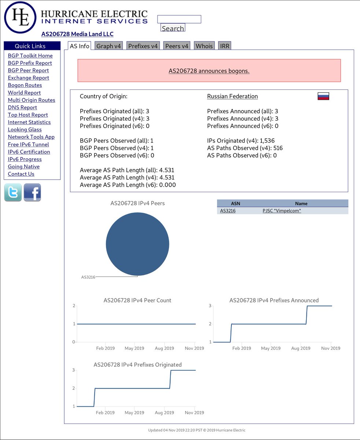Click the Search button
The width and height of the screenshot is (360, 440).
[x=173, y=27]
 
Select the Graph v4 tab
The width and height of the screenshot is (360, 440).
[x=109, y=46]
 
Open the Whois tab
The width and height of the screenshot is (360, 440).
[x=204, y=46]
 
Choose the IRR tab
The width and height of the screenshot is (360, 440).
[x=224, y=46]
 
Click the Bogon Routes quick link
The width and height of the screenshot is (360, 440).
[x=25, y=85]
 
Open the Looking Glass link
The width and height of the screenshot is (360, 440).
[x=25, y=129]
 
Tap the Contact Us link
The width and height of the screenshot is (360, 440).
[x=21, y=174]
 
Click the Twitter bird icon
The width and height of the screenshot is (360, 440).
[x=13, y=192]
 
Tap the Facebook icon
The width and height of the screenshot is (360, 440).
[x=32, y=192]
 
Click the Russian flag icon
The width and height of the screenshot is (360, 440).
[x=323, y=96]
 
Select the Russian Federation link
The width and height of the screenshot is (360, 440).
[x=232, y=96]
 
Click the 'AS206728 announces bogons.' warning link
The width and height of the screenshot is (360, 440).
[x=209, y=71]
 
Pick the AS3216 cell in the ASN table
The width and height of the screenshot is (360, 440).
[x=228, y=211]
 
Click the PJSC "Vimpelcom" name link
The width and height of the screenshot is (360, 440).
[x=282, y=211]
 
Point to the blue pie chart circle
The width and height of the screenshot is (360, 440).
[x=137, y=244]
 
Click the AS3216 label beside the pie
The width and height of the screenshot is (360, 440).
[x=88, y=277]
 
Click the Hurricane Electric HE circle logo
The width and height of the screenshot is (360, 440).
[x=20, y=17]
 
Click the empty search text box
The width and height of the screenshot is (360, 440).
[x=179, y=19]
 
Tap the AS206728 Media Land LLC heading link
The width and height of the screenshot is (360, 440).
[x=77, y=34]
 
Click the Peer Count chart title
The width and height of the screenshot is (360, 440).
[x=137, y=300]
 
